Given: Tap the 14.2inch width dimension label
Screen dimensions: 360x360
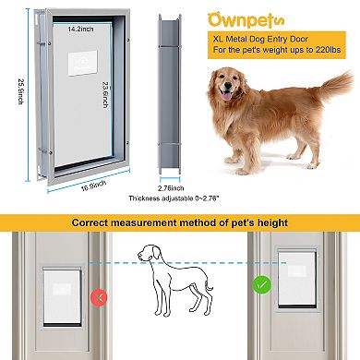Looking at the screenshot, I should point(80,30).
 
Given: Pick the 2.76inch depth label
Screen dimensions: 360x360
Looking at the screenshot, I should point(171,187).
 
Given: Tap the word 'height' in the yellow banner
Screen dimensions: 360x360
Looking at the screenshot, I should point(270,223).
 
